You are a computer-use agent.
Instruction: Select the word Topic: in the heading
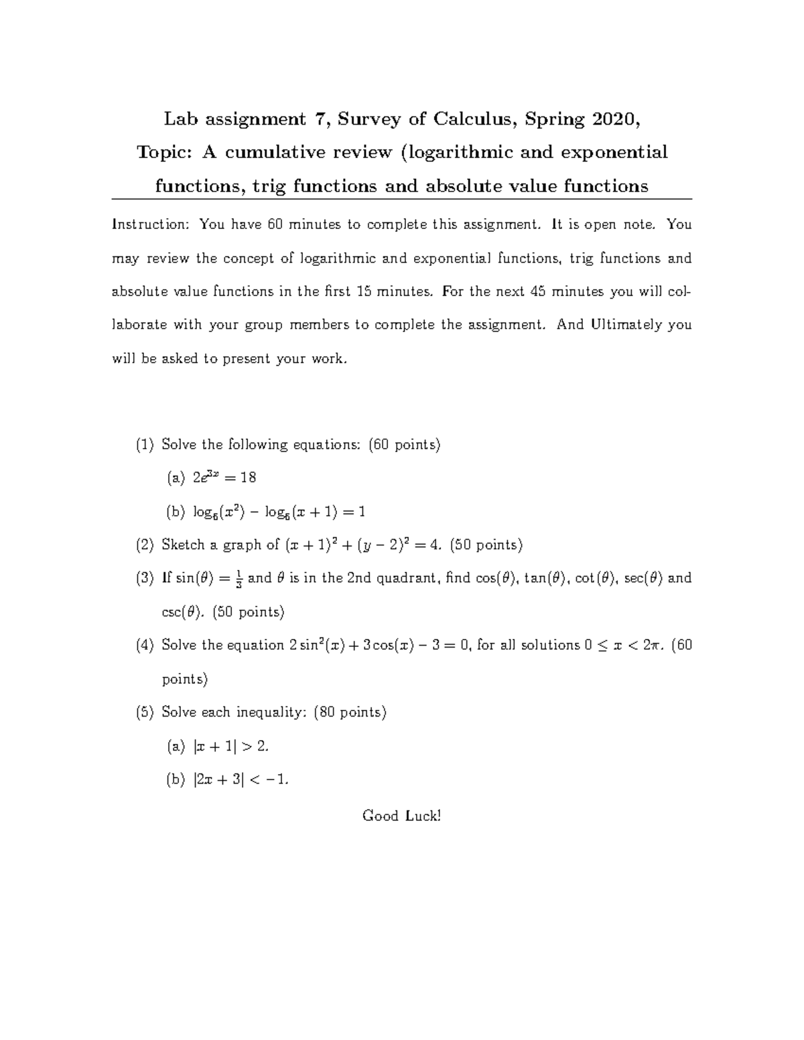pos(165,153)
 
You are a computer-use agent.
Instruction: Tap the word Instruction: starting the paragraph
pos(151,224)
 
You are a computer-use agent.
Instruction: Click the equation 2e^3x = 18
pos(224,478)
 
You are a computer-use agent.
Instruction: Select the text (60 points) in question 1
pos(405,445)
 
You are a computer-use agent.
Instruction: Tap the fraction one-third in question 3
pos(239,579)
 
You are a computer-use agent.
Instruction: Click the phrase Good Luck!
pos(401,816)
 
